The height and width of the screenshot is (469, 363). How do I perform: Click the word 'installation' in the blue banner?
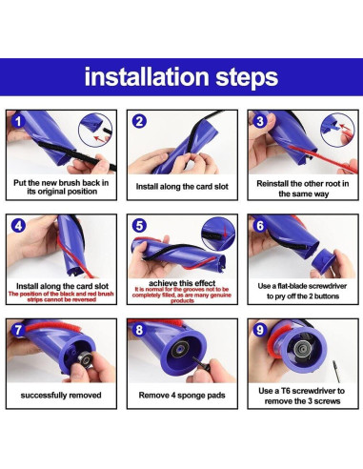(x=146, y=76)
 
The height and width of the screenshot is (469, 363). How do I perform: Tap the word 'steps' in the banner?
(x=247, y=78)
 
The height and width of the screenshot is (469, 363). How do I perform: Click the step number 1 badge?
(x=18, y=121)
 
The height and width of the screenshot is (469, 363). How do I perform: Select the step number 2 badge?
(x=139, y=121)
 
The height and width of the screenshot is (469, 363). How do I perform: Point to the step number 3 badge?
(x=260, y=121)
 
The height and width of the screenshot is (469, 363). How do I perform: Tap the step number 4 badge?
(x=18, y=225)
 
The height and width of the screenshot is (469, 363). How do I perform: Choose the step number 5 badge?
(x=139, y=225)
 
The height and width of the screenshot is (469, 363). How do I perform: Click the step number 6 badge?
(x=260, y=225)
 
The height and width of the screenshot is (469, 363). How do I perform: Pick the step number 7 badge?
(x=18, y=330)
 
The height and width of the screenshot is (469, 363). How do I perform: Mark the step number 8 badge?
(x=139, y=330)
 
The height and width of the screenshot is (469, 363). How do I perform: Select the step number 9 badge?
(x=260, y=330)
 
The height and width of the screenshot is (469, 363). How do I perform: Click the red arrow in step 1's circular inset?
(x=100, y=138)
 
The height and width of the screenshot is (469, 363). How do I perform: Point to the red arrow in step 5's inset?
(x=226, y=232)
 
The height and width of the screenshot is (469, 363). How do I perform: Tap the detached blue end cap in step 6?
(x=323, y=261)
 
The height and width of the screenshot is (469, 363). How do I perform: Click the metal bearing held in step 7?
(x=85, y=359)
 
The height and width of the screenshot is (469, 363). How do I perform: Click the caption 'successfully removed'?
(x=61, y=396)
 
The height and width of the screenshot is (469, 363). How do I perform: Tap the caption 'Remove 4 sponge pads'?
(x=182, y=396)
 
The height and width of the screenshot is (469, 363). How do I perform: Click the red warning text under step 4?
(x=61, y=296)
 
